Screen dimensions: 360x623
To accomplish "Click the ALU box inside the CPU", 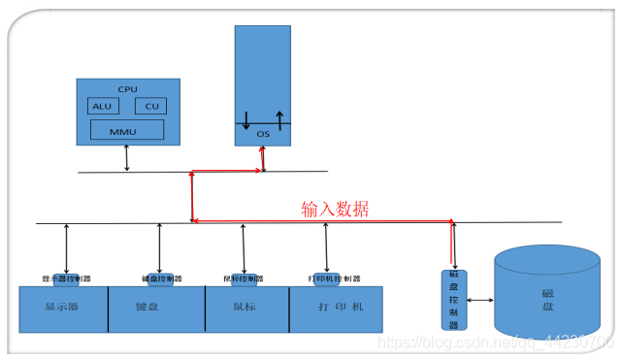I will [101, 107].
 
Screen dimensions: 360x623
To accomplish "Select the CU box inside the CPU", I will [149, 107].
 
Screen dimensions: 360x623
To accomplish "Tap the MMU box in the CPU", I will [126, 130].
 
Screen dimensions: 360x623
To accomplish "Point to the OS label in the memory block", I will [262, 134].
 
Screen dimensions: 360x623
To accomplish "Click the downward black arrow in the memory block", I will [246, 120].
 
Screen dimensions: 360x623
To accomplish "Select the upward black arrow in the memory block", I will [279, 116].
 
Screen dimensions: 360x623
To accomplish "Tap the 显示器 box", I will [63, 309].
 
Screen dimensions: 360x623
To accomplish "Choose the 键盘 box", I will [155, 309].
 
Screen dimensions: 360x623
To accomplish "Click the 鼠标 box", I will [246, 309].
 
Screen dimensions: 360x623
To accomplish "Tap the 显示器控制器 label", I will [66, 279].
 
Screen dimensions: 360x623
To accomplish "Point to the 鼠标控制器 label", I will [244, 279].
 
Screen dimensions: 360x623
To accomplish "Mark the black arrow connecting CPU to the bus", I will [127, 159].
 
